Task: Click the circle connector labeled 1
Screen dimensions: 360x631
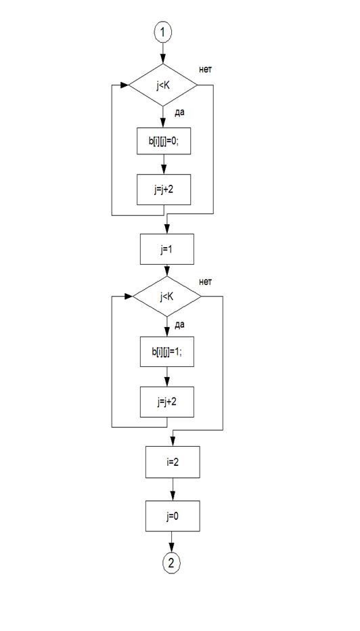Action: (x=163, y=33)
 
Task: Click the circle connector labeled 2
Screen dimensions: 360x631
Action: (x=172, y=563)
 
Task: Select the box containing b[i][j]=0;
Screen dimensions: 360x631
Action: (x=164, y=142)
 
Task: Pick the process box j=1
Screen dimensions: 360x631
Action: (x=167, y=249)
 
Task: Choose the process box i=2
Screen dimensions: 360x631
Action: (x=173, y=462)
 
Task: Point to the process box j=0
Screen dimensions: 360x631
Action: (x=173, y=516)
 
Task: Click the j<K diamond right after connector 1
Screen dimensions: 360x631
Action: (x=163, y=85)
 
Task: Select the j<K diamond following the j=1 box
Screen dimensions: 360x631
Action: (x=167, y=296)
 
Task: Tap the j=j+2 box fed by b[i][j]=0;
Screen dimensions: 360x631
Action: (x=164, y=190)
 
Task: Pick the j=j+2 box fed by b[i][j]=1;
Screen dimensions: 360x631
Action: (x=167, y=401)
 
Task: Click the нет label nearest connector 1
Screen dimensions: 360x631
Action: (x=206, y=70)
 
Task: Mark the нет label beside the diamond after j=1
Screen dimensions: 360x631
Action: (x=206, y=282)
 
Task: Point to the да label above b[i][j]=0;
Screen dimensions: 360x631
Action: (x=180, y=113)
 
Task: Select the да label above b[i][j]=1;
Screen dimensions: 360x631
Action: (x=180, y=324)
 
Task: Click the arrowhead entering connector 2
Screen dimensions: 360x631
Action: (x=172, y=550)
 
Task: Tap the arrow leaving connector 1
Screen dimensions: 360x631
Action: (x=163, y=52)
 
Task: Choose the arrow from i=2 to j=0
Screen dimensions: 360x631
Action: (x=173, y=489)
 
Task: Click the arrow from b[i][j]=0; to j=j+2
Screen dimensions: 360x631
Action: (x=164, y=165)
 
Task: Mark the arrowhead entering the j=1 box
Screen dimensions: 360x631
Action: (x=167, y=230)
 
